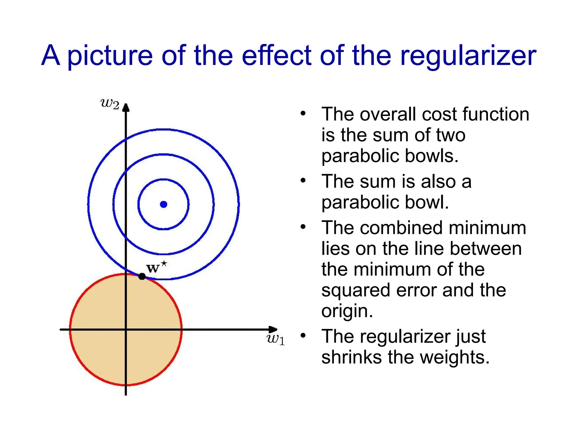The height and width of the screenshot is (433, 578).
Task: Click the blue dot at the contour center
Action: [x=164, y=204]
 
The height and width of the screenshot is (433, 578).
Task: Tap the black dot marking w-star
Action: [x=142, y=277]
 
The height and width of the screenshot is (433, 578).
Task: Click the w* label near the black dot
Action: [x=156, y=267]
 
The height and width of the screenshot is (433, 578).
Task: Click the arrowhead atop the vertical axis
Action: [x=126, y=107]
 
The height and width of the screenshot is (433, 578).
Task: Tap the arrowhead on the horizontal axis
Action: [x=273, y=329]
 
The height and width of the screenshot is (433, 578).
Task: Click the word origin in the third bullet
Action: [x=347, y=311]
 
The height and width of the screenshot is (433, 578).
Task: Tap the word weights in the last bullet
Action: [x=454, y=357]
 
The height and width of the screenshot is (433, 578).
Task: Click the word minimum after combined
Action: [x=487, y=228]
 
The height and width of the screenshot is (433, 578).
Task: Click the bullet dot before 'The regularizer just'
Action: [x=303, y=335]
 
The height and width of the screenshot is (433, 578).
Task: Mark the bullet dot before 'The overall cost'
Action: [x=303, y=113]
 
